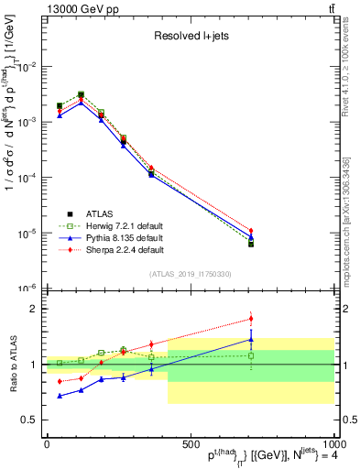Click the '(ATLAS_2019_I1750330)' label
189,274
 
